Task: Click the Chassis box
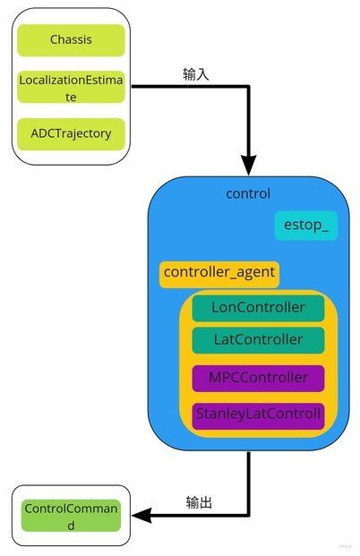tap(71, 40)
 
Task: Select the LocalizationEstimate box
tap(71, 87)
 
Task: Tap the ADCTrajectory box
tap(71, 134)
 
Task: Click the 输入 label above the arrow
tap(196, 74)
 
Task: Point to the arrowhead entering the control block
tap(249, 166)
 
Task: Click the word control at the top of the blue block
tap(248, 193)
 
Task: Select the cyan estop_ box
tap(306, 226)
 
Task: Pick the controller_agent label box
tap(219, 275)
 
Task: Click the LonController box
tap(258, 308)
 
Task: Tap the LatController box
tap(258, 340)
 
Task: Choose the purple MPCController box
tap(258, 379)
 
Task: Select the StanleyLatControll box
tap(258, 416)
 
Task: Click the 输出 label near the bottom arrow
tap(199, 502)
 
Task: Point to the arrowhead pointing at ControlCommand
tap(141, 515)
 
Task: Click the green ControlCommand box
tap(71, 516)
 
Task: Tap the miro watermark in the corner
tap(346, 546)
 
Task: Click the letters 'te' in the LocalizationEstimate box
tap(71, 98)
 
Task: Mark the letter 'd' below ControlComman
tap(71, 526)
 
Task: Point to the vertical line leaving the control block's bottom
tap(249, 483)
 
